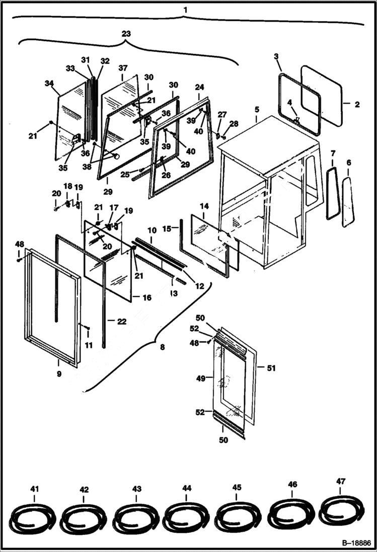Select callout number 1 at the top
pos(185,10)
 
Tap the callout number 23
pos(126,34)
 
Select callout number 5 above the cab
pos(257,109)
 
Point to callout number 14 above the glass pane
pos(204,206)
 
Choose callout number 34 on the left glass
pos(49,83)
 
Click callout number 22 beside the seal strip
pos(122,321)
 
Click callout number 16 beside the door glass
pos(146,298)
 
